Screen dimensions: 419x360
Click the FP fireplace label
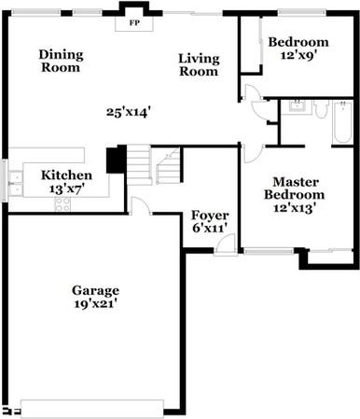(134, 21)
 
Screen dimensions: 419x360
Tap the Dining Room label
(61, 61)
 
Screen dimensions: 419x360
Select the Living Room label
(199, 65)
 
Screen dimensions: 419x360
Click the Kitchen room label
(66, 175)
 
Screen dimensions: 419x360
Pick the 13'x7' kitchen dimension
(66, 188)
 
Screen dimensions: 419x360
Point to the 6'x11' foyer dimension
(210, 228)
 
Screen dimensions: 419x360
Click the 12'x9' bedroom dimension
(298, 56)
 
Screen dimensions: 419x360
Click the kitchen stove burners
(62, 203)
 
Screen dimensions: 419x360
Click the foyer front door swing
(224, 244)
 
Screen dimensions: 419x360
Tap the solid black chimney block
(116, 160)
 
